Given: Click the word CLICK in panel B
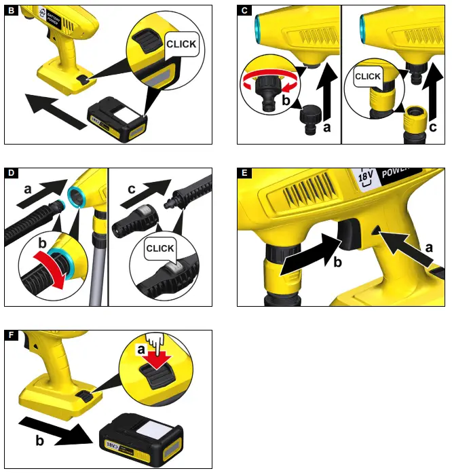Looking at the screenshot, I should pyautogui.click(x=181, y=44).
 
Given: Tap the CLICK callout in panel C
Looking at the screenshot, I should pyautogui.click(x=367, y=77).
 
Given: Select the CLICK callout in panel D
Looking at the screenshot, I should pyautogui.click(x=160, y=249).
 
